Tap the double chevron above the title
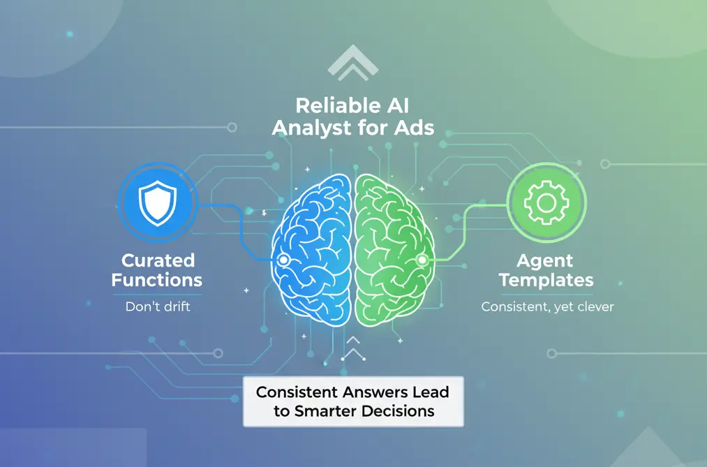[x=352, y=64]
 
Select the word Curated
[x=158, y=260]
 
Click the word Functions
[x=158, y=281]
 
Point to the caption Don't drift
[x=158, y=306]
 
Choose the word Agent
[x=544, y=260]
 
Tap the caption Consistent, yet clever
[x=548, y=306]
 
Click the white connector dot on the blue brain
[x=283, y=260]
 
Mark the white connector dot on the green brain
[x=422, y=260]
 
